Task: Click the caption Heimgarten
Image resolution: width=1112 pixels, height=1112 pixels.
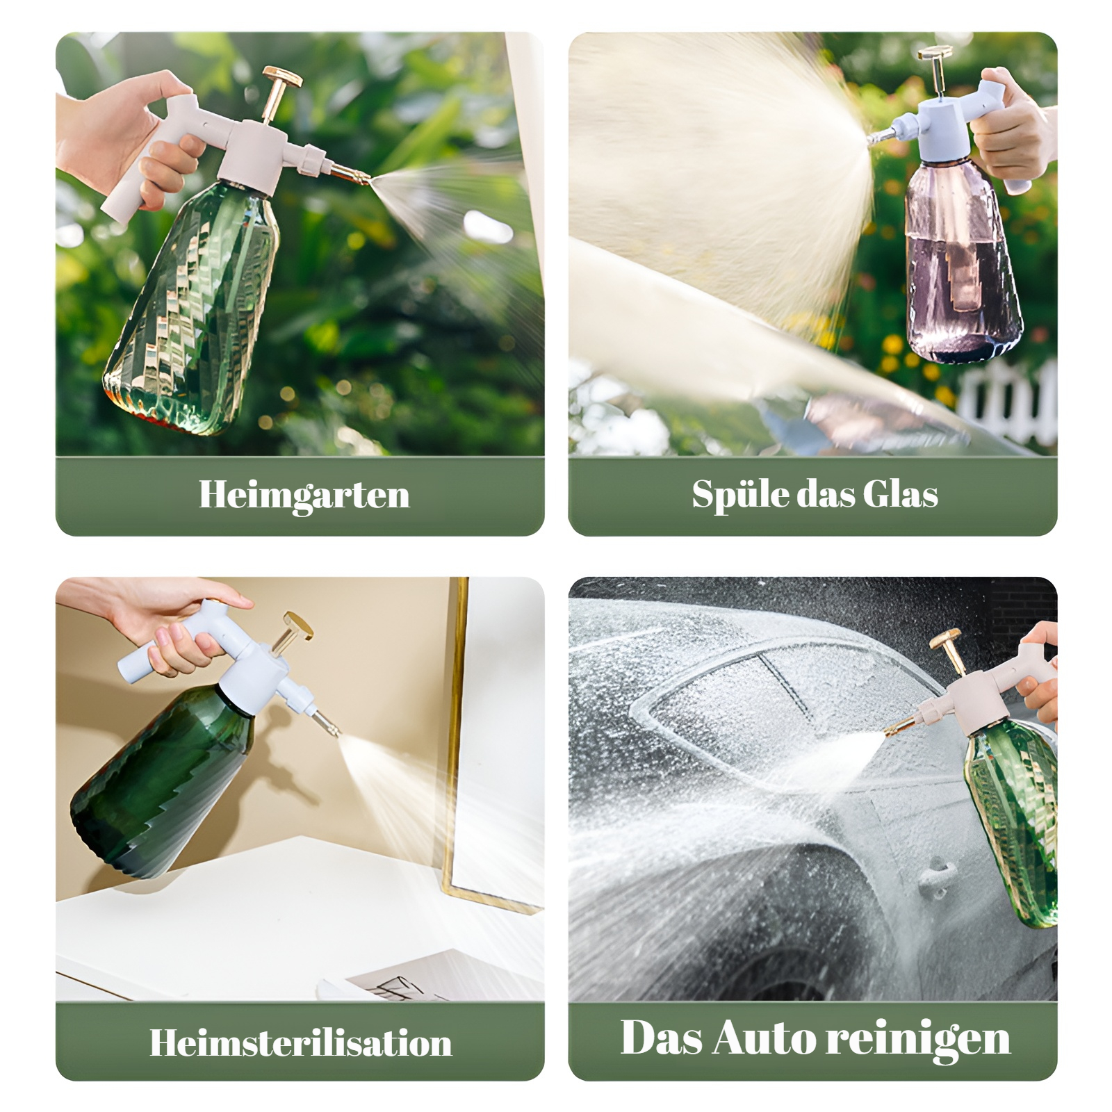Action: pos(304,495)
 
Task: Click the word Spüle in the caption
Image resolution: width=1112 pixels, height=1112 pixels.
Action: pos(739,495)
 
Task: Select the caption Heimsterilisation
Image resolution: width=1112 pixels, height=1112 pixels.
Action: pos(300,1042)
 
